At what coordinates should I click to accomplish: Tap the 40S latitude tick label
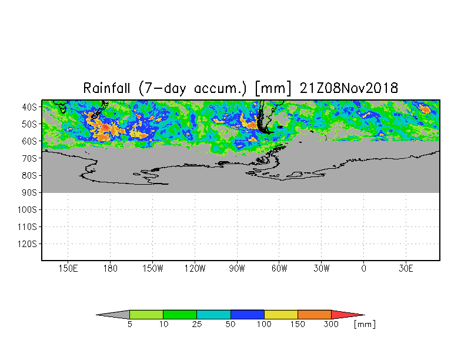29,107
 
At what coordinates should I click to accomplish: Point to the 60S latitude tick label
29,141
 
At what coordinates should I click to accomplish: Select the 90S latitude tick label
29,192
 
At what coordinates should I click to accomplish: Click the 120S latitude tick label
26,244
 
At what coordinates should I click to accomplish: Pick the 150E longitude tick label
68,268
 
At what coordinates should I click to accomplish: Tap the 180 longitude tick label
110,268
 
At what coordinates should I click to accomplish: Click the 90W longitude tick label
237,268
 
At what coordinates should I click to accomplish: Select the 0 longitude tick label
363,268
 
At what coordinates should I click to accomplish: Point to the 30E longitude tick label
406,268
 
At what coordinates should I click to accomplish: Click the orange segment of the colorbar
315,315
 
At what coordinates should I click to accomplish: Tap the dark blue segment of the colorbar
248,315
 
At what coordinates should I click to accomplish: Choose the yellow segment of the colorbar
281,315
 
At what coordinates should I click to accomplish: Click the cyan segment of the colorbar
213,315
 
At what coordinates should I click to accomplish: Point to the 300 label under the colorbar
332,325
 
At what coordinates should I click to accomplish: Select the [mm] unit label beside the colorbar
365,325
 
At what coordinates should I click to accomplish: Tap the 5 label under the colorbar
129,325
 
